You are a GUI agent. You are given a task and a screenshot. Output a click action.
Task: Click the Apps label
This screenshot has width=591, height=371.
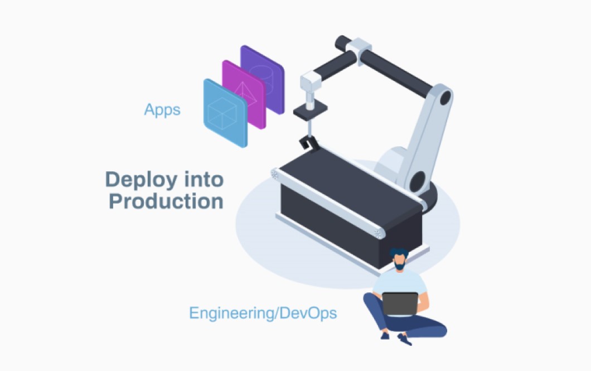[162, 109]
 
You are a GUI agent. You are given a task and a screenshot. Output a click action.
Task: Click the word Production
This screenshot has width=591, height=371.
[166, 201]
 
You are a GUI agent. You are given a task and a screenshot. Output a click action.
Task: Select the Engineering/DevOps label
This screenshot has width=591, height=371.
[263, 312]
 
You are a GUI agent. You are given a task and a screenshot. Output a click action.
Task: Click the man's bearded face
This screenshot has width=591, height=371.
[399, 262]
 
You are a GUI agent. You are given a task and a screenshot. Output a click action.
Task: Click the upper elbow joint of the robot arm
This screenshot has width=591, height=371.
[445, 97]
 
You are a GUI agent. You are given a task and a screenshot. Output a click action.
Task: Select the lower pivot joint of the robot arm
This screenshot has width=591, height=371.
[418, 181]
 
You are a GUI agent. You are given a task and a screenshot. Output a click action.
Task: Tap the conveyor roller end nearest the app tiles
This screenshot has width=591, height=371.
[274, 174]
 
